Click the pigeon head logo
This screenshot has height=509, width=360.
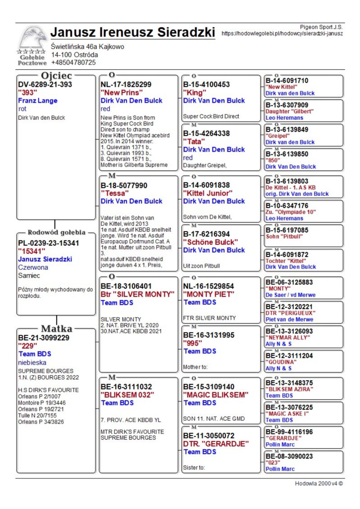(x=32, y=40)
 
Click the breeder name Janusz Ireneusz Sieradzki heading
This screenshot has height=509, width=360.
(x=133, y=32)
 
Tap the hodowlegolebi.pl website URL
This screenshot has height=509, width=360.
(x=283, y=33)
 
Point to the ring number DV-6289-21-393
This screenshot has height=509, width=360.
(x=45, y=84)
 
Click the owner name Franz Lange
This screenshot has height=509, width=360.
(x=38, y=101)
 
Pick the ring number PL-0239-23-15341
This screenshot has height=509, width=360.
(x=49, y=243)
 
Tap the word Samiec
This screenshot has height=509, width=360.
(x=29, y=275)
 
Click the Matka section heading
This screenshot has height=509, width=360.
(x=57, y=328)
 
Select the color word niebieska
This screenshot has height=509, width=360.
(x=32, y=362)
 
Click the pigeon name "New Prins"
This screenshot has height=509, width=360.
(x=121, y=92)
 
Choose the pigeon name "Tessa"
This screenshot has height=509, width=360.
(x=115, y=193)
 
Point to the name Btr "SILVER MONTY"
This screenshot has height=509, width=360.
(x=137, y=294)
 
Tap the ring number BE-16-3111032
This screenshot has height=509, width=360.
(x=126, y=387)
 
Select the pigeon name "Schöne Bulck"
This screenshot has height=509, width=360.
(x=211, y=242)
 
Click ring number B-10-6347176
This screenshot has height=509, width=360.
(x=287, y=205)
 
